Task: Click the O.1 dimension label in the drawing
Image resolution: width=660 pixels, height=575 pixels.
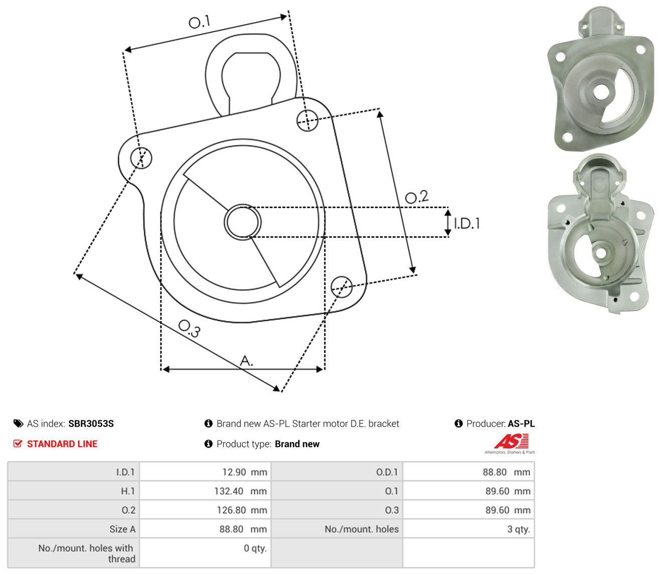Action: (199, 22)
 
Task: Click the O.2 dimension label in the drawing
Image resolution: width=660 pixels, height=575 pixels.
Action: (416, 197)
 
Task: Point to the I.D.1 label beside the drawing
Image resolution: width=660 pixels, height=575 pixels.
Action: (466, 223)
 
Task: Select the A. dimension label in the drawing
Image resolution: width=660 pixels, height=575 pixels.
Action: (246, 360)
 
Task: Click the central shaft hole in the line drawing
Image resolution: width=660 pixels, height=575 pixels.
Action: (243, 222)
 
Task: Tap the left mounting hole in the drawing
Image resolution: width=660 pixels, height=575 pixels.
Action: (141, 158)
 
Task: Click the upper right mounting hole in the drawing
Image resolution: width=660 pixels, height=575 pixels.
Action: (307, 120)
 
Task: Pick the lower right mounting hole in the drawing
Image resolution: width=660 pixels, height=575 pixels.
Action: (342, 287)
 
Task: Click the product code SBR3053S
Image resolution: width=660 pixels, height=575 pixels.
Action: (91, 423)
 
